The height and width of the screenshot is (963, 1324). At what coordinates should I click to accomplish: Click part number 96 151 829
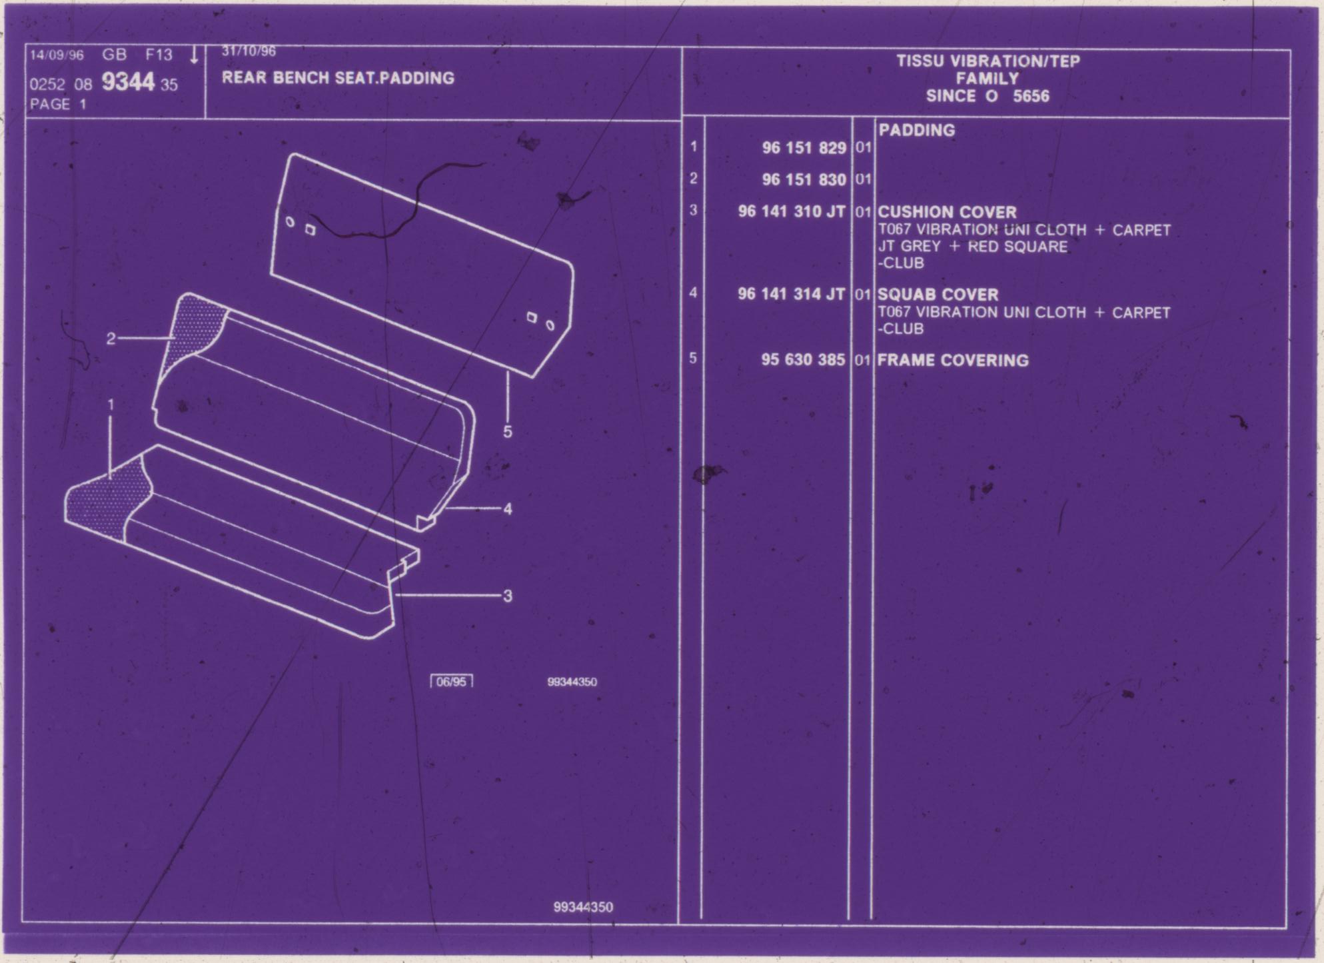[804, 147]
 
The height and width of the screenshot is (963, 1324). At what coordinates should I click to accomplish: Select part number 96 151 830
[804, 179]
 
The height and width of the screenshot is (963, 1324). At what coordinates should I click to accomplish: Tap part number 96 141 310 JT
[792, 211]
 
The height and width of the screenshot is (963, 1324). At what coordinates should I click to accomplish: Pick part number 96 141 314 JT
[792, 294]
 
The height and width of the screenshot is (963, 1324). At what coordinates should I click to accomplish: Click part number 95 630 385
[803, 360]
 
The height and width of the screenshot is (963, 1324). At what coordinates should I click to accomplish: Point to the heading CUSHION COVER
[947, 212]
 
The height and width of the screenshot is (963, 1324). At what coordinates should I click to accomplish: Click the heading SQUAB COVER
[938, 295]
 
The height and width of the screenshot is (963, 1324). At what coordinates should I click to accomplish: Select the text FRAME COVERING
[953, 361]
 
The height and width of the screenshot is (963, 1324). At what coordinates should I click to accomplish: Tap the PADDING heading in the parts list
[917, 130]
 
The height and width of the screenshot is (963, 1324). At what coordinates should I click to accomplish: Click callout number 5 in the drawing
[508, 432]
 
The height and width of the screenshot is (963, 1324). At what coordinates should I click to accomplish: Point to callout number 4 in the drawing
[508, 509]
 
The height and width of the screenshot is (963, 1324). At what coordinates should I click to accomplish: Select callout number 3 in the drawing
[508, 596]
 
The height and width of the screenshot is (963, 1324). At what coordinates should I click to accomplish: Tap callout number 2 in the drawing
[111, 339]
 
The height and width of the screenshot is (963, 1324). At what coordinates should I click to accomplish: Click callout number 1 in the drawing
[111, 405]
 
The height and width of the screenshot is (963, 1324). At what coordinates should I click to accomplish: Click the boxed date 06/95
[452, 682]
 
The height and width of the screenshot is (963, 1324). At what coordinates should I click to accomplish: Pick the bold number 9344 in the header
[128, 83]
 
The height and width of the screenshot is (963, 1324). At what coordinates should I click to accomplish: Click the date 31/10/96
[249, 51]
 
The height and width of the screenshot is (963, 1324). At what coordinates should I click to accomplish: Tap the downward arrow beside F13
[194, 55]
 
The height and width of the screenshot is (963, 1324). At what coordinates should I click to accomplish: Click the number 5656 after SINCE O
[1031, 96]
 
